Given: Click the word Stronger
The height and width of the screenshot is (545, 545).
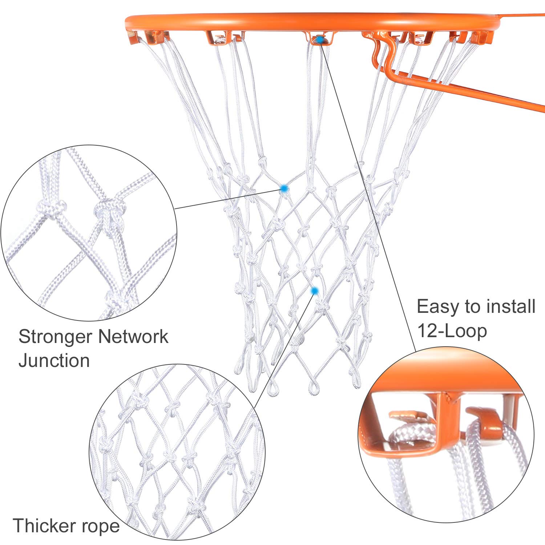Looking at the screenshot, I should [x=54, y=337].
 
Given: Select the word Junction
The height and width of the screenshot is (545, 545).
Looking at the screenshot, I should [x=54, y=361].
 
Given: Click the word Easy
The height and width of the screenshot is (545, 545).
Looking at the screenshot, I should [x=437, y=307].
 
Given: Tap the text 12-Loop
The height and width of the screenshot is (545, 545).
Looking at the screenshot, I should [x=452, y=331].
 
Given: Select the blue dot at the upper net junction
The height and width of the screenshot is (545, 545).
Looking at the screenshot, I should [x=284, y=188].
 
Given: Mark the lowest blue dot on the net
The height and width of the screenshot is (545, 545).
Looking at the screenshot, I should [x=315, y=290].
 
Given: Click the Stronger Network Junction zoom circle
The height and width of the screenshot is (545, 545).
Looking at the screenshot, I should [x=89, y=233].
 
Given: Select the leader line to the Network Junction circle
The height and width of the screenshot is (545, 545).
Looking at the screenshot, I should [x=229, y=199].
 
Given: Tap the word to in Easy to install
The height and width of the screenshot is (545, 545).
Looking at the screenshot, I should [x=473, y=307].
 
